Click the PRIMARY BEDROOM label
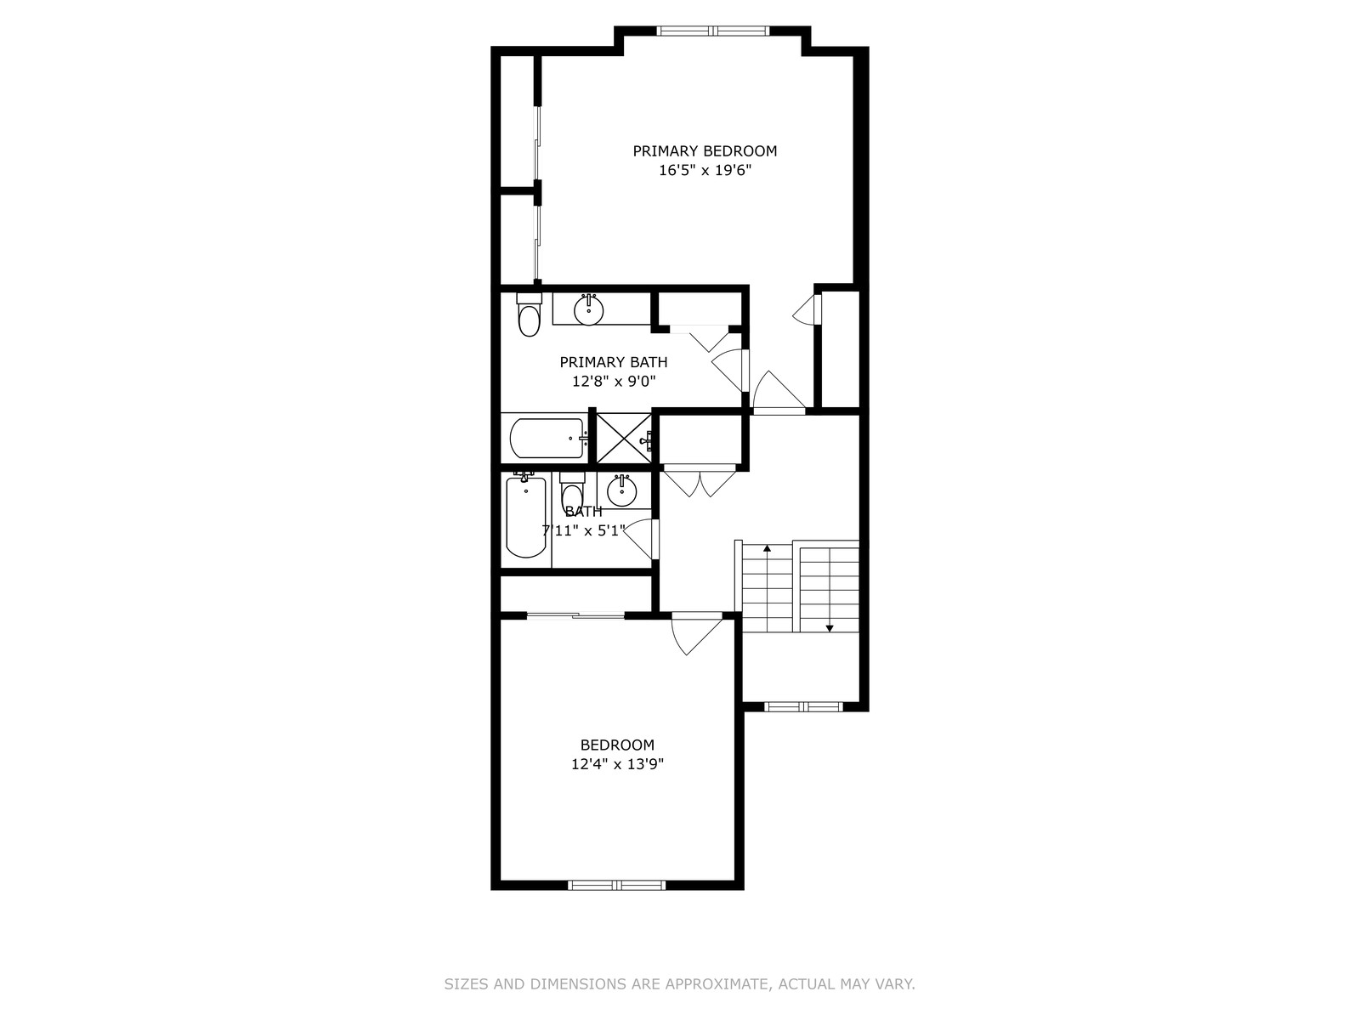click(705, 151)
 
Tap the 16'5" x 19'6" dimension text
click(705, 170)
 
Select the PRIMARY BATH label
click(614, 362)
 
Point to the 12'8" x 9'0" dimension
click(614, 382)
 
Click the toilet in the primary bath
click(530, 315)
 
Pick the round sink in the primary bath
click(588, 309)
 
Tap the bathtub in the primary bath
click(547, 439)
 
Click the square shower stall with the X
click(623, 439)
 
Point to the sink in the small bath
click(620, 491)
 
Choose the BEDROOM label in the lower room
click(617, 745)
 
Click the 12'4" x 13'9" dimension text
click(617, 764)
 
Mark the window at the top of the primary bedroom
click(713, 31)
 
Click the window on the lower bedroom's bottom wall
click(616, 885)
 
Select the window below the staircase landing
click(803, 706)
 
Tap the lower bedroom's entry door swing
click(697, 633)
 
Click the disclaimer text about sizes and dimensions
click(680, 983)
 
